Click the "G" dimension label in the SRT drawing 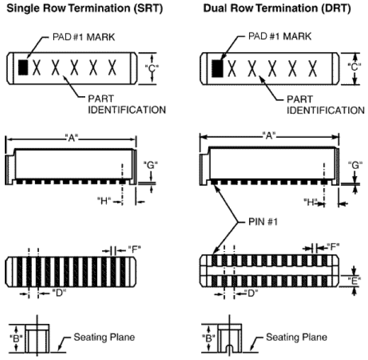pos(151,164)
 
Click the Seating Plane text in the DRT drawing pos(297,337)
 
